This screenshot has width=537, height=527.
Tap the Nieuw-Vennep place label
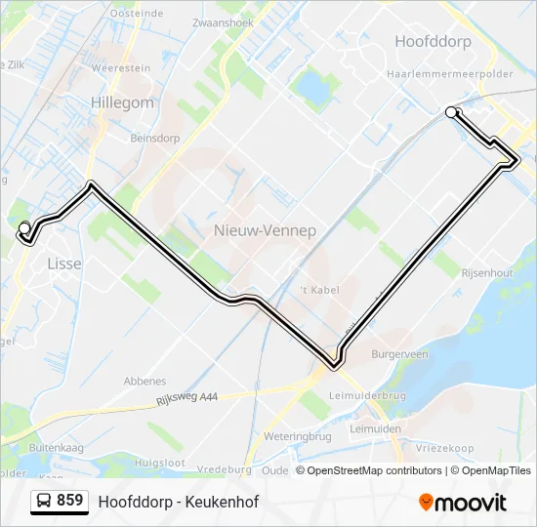[250, 230]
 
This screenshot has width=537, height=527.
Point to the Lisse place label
[64, 263]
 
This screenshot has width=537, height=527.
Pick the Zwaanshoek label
[224, 21]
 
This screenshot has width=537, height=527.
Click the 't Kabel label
[317, 290]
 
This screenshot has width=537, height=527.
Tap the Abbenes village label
[145, 382]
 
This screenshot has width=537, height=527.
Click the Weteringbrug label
[298, 436]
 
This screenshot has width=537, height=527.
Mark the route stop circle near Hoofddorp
[451, 112]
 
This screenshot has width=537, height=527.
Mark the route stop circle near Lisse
[24, 228]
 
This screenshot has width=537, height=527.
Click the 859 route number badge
[59, 501]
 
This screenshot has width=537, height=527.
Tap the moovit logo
[463, 503]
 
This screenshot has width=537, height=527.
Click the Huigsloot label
[160, 462]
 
